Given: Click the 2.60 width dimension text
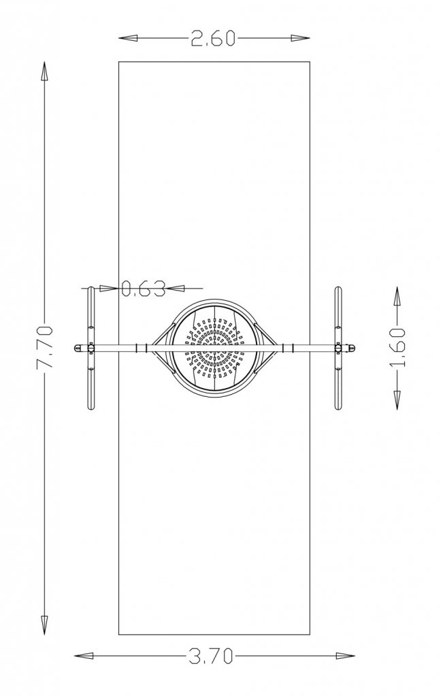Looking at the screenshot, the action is pos(213,38).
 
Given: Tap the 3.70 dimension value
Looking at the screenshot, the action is pos(211,655).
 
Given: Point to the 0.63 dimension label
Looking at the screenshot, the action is pos(144,289).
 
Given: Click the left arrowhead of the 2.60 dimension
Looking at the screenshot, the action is pos(128,38).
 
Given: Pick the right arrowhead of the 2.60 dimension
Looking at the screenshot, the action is pos(300,38).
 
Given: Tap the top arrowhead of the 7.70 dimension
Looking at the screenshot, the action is pos(45,71).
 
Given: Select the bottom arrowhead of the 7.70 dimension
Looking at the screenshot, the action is pos(45,625).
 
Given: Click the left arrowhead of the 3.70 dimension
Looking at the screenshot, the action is pos(84,655).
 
